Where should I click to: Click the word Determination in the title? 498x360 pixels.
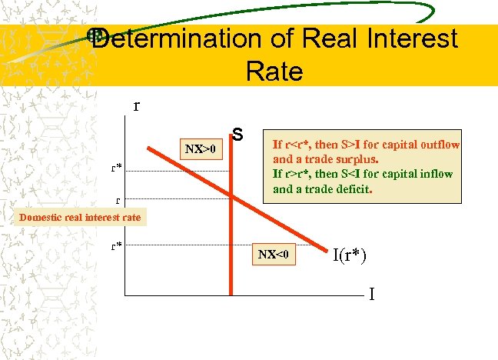(x=175, y=38)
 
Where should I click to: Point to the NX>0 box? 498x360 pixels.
(x=201, y=146)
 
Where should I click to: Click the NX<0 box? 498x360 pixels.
(x=275, y=254)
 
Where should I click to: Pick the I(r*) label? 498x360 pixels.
(x=349, y=255)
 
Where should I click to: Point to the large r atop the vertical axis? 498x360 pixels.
(x=137, y=105)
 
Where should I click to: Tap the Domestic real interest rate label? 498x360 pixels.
(x=80, y=217)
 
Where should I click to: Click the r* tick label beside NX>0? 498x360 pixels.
(x=115, y=166)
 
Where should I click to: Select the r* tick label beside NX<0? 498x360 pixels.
(x=115, y=247)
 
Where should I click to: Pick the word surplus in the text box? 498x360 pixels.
(x=354, y=160)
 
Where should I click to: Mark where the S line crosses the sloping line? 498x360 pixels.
(x=231, y=197)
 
